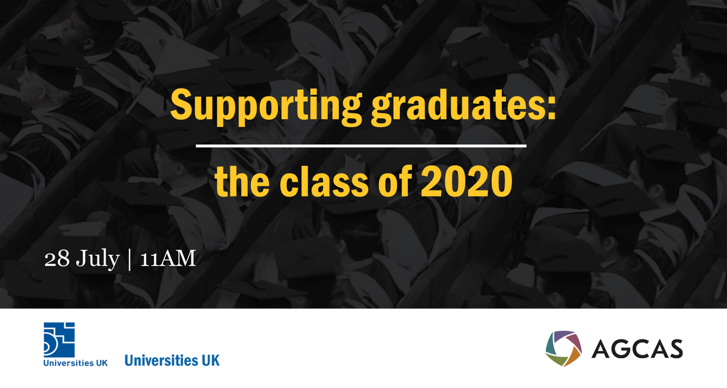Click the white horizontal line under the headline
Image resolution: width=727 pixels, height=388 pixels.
point(362,146)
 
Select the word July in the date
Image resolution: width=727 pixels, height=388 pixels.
point(98,259)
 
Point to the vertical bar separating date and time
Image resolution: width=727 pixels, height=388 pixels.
point(130,259)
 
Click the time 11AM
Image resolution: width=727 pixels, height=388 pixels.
point(168,259)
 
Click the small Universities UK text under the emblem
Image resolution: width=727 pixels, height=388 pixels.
point(75,363)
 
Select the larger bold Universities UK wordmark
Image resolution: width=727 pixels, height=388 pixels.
point(172,360)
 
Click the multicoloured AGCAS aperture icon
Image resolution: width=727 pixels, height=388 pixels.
point(563,349)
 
